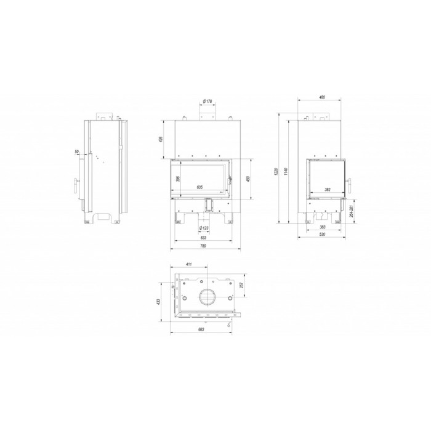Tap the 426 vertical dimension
161,139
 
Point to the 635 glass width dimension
199,187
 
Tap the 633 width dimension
203,238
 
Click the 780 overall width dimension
203,246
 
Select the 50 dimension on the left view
76,151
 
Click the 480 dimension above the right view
321,97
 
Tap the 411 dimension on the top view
188,264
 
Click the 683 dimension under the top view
203,330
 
